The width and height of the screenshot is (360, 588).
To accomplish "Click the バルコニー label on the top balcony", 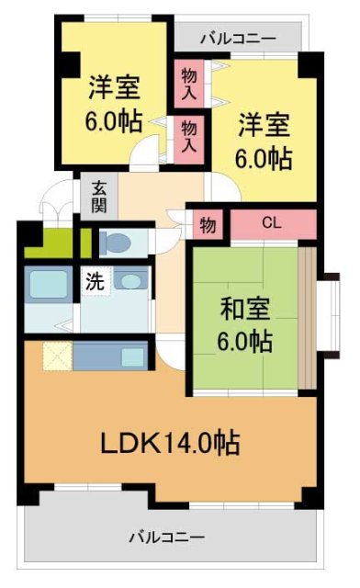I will [237, 38].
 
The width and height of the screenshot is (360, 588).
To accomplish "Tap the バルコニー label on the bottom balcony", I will [166, 536].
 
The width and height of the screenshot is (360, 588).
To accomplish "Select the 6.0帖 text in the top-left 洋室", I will [115, 122].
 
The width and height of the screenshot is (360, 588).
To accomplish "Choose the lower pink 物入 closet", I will [189, 135].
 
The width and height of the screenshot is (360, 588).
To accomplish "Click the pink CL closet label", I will [271, 223].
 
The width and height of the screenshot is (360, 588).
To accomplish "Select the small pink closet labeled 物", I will [208, 223].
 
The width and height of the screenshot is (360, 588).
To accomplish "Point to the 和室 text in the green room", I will [244, 308].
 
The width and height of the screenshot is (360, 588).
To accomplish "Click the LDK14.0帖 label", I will [170, 444].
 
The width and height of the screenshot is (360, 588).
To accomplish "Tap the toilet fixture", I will [118, 243].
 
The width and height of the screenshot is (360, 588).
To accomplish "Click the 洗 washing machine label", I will [96, 282].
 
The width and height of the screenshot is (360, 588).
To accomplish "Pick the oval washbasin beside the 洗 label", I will [130, 281].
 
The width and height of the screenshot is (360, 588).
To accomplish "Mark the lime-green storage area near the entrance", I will [54, 243].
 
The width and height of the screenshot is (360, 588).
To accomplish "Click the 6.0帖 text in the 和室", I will [244, 342].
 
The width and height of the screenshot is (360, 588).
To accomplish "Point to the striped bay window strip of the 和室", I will [307, 317].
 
